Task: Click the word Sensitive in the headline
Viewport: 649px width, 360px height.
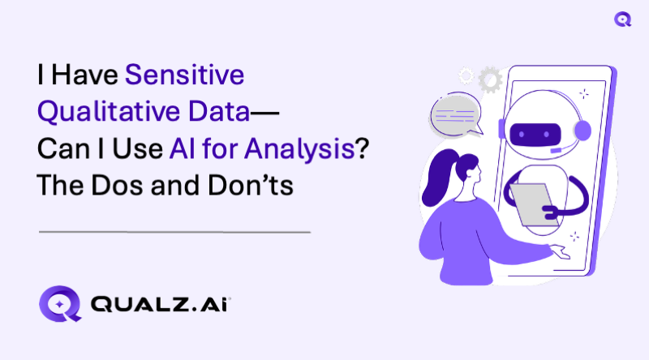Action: [184, 78]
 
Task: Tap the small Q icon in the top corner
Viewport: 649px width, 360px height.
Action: [623, 19]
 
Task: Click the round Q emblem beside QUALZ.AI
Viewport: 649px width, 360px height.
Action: [58, 306]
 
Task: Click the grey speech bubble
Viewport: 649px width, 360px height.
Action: [455, 114]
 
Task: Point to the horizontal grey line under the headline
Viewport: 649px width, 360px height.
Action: [174, 233]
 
